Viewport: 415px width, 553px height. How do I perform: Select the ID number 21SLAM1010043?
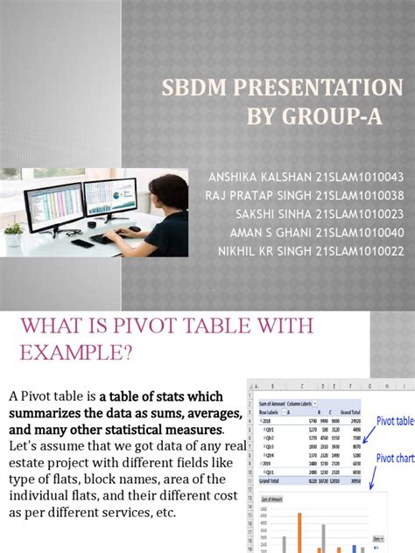pyautogui.click(x=360, y=177)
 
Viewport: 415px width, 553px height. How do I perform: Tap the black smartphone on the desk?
pyautogui.click(x=83, y=243)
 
